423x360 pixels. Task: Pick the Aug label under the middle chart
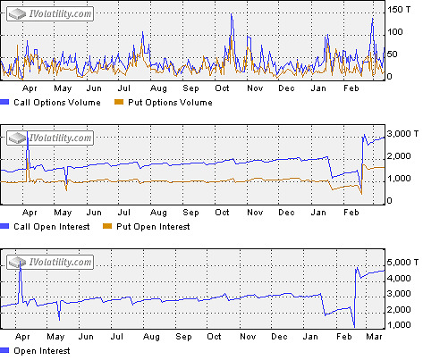pos(158,213)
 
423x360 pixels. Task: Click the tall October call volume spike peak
pos(233,13)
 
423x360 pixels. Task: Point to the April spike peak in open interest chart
pos(21,259)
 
